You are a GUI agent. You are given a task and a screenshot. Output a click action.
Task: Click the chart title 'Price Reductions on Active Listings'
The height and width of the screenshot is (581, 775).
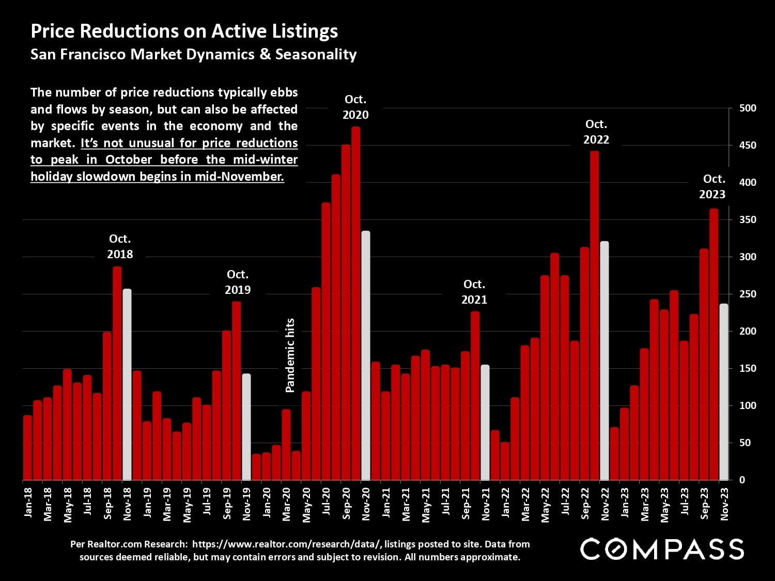[x=184, y=31]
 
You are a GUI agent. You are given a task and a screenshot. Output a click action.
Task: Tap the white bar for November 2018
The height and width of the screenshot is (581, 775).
[x=127, y=384]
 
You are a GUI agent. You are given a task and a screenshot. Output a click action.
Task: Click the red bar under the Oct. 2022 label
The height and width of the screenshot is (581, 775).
[x=594, y=315]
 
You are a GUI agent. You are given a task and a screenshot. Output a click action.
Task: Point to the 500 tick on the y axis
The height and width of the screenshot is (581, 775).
[x=748, y=108]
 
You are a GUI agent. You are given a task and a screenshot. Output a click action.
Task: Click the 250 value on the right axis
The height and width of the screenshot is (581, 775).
[x=748, y=294]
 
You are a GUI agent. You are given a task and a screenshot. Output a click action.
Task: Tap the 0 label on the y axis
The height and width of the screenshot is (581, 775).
[x=742, y=480]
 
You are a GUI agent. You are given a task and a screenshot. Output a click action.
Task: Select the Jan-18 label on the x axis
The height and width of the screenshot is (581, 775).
[x=28, y=503]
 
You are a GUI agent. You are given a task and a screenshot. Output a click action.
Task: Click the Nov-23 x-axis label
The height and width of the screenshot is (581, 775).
[x=724, y=504]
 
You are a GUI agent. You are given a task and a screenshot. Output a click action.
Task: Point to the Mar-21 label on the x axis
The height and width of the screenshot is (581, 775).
[x=406, y=504]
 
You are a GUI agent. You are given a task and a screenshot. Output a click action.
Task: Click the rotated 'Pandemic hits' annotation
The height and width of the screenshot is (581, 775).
[x=290, y=355]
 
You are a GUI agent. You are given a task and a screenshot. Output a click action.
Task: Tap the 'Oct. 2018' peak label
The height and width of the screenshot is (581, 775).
[x=120, y=246]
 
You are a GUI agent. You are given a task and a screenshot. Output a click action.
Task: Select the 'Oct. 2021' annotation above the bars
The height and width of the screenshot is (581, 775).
[x=474, y=292]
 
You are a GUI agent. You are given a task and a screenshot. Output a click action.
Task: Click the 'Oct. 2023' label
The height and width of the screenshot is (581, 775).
[x=712, y=186]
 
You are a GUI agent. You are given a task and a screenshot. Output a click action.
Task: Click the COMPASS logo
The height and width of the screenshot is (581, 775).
[x=662, y=549]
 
